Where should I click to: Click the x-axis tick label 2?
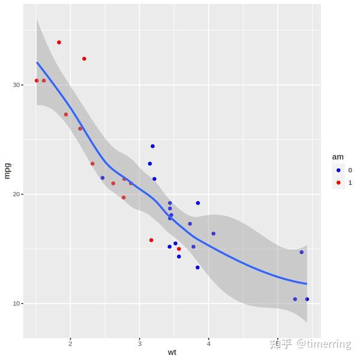(x=71, y=343)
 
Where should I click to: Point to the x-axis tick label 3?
(x=140, y=343)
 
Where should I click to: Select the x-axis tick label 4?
(x=209, y=343)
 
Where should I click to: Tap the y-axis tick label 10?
(x=18, y=304)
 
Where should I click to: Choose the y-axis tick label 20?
(x=18, y=194)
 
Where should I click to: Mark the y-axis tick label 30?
(x=18, y=85)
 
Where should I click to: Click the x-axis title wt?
(x=172, y=352)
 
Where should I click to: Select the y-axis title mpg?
(x=7, y=170)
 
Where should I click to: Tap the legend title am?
(x=338, y=157)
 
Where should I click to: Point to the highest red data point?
(x=59, y=43)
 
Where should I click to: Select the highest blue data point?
(x=152, y=146)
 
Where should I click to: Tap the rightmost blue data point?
(x=307, y=299)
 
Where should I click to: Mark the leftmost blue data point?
(x=103, y=178)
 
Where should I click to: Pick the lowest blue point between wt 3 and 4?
(x=197, y=268)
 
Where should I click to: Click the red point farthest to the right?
(x=179, y=249)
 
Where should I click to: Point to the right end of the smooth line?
(x=307, y=284)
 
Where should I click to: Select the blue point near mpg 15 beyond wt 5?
(x=301, y=252)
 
